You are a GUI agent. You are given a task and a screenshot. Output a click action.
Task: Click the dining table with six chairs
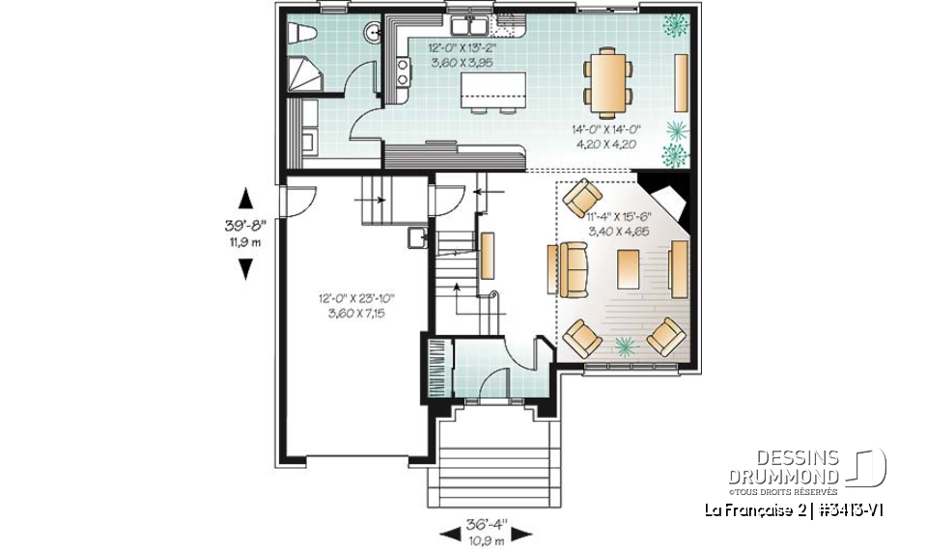606,77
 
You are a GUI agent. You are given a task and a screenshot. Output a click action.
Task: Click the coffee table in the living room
629,267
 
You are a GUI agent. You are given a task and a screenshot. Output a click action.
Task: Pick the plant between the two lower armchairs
625,344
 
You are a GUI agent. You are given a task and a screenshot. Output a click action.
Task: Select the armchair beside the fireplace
582,199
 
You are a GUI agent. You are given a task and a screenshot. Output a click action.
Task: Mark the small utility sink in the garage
415,237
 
